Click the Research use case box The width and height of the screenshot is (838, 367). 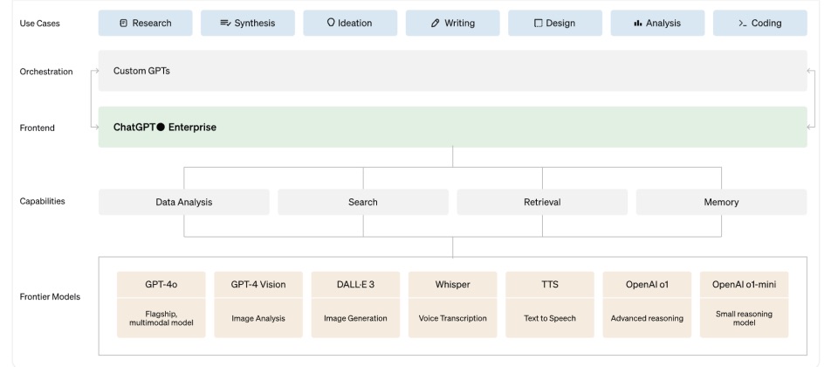tap(146, 23)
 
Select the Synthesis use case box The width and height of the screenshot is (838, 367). tap(247, 23)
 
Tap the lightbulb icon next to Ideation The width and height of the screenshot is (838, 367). tap(331, 23)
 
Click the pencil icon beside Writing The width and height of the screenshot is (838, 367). tap(435, 23)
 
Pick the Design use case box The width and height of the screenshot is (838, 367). tap(555, 23)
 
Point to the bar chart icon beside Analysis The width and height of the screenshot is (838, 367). tap(637, 23)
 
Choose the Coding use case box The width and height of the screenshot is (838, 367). tap(760, 23)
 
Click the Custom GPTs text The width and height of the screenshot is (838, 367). tap(141, 71)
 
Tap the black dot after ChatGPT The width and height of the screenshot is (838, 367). tap(161, 128)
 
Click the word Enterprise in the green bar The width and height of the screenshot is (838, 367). tap(192, 128)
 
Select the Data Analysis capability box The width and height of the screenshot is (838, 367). tap(184, 202)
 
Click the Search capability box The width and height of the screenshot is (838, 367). tap(363, 202)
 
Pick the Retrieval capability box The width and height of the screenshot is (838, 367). tap(542, 202)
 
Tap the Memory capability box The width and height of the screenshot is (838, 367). tap(722, 202)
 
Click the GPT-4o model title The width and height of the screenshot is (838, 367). tap(161, 285)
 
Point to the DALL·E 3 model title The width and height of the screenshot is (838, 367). tap(355, 285)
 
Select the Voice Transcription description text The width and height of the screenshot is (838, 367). tap(453, 318)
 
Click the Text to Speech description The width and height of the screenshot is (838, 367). tap(550, 318)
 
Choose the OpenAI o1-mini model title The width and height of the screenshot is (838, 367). tap(744, 285)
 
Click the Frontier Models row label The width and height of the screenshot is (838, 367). tap(50, 297)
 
